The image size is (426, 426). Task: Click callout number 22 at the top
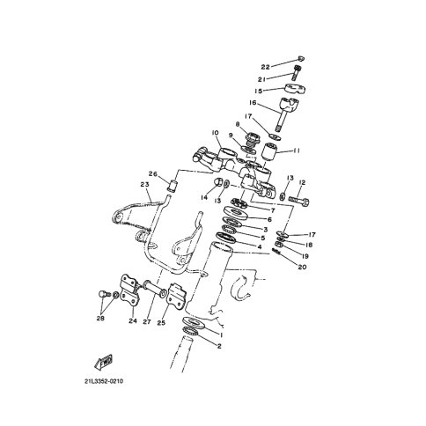(265, 67)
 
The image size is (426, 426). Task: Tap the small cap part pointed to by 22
(301, 58)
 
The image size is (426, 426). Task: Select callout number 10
(215, 133)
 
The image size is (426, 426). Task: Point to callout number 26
(153, 173)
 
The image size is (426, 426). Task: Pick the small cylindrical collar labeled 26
(173, 186)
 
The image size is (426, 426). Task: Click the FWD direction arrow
(104, 362)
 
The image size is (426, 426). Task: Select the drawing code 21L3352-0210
(104, 381)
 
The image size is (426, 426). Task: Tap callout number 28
(100, 318)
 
